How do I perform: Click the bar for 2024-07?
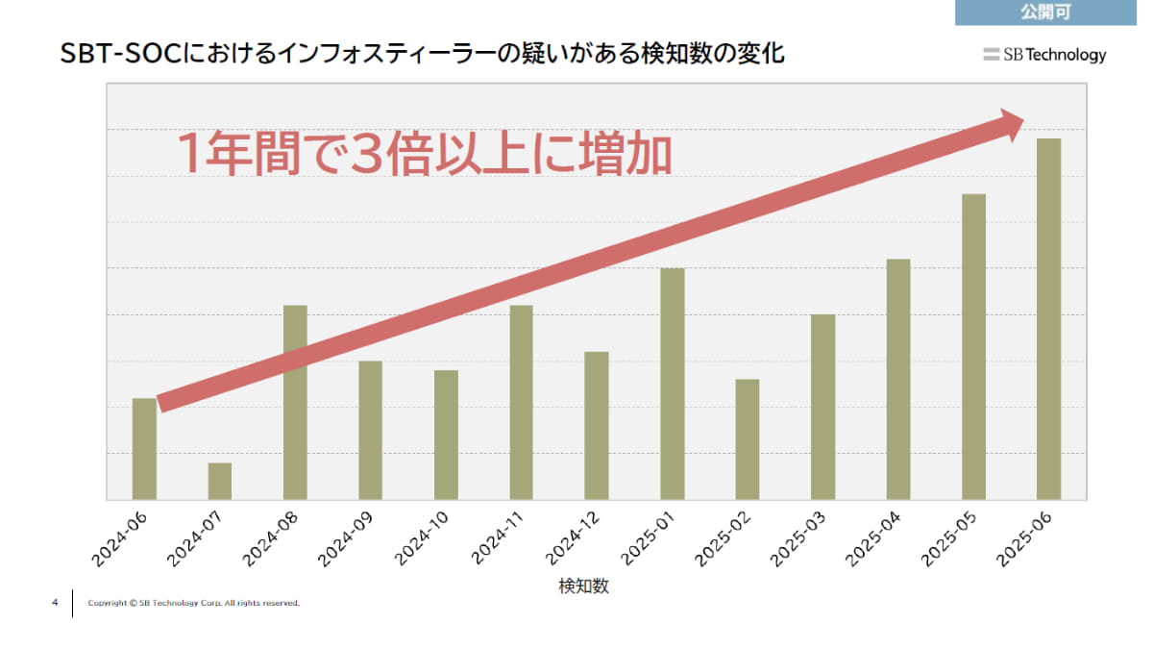(x=219, y=481)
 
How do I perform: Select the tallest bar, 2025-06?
(x=1049, y=318)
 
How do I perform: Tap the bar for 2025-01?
(x=673, y=384)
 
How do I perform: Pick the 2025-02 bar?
(x=748, y=439)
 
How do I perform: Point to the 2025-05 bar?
(x=973, y=346)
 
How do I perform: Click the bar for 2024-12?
(x=597, y=425)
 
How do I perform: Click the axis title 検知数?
(x=583, y=586)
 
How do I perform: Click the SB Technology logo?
(x=1044, y=55)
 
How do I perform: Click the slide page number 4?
(x=55, y=603)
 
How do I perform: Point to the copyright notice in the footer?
(x=193, y=604)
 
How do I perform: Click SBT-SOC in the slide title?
(x=118, y=54)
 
